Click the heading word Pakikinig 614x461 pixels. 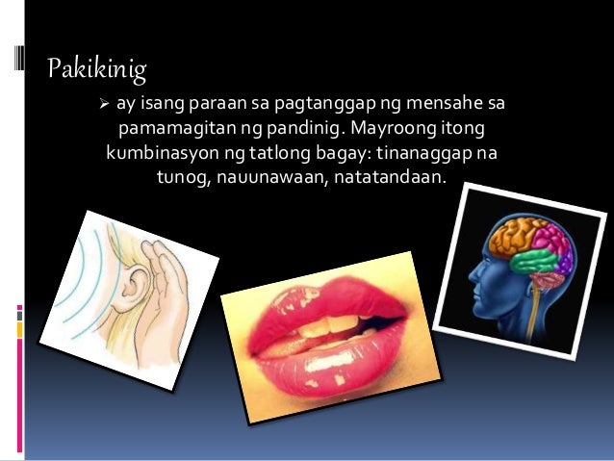(x=96, y=68)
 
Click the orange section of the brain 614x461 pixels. (x=516, y=237)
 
